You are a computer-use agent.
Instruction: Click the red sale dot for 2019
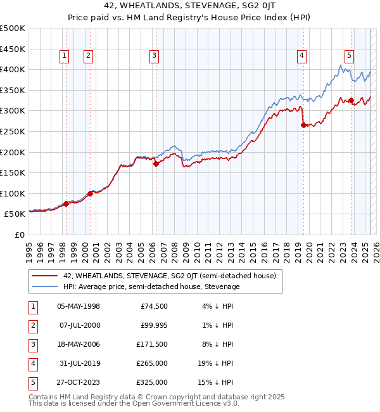tap(303, 126)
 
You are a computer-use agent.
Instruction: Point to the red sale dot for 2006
tap(156, 164)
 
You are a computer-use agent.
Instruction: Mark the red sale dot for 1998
tap(66, 203)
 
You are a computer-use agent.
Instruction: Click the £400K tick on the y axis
tap(13, 69)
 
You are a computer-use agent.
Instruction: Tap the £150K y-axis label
tap(13, 172)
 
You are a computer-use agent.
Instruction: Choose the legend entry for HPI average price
tap(151, 287)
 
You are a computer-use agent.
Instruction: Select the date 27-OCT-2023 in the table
tap(78, 382)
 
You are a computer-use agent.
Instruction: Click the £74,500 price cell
tap(154, 306)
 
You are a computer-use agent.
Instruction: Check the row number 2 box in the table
tap(32, 325)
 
